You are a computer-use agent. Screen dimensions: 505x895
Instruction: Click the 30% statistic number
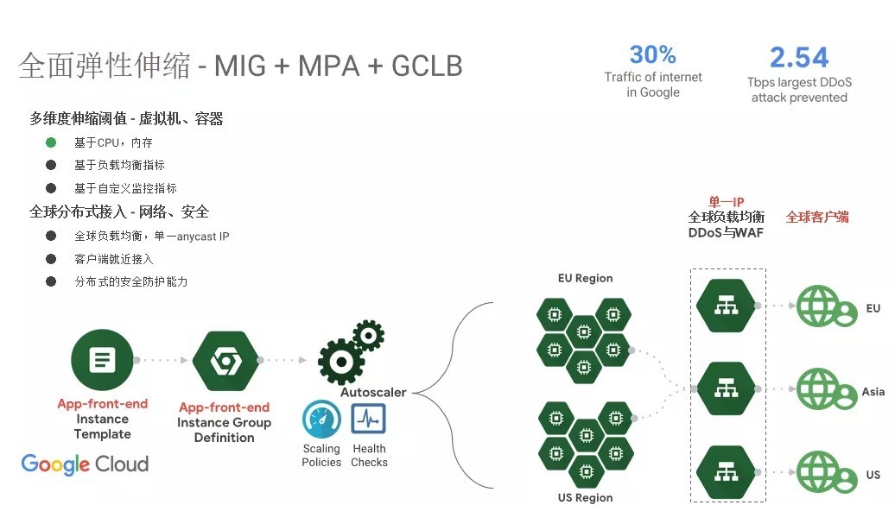pos(653,55)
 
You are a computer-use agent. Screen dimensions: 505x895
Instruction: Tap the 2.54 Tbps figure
pos(799,58)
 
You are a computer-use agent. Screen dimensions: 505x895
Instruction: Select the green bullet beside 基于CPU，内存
pos(51,142)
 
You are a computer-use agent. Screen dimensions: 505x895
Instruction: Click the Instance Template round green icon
pos(102,360)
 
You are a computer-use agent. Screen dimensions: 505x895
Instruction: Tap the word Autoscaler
pos(373,392)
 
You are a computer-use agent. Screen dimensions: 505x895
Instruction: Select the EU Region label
pos(585,278)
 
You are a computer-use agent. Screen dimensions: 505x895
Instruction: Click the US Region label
pos(585,497)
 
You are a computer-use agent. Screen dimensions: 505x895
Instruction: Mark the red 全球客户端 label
pos(817,217)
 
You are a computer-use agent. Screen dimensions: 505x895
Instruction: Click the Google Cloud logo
pos(85,464)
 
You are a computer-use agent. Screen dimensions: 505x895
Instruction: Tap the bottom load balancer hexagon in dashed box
pos(727,471)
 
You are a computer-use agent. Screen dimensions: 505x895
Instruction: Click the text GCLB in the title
pos(427,66)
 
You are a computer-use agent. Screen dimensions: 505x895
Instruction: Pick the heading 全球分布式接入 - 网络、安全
pos(119,211)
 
